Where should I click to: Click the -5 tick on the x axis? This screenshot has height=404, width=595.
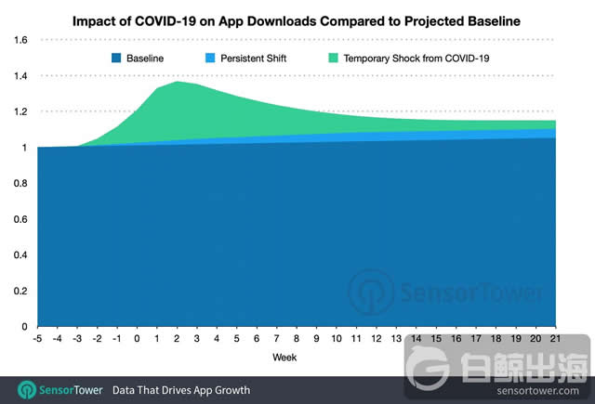coord(37,339)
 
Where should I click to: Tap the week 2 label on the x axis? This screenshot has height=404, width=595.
coord(177,339)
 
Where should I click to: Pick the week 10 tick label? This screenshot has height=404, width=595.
coord(337,339)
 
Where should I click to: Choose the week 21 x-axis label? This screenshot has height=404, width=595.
coord(556,339)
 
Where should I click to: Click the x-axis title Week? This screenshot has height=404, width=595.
coord(285,358)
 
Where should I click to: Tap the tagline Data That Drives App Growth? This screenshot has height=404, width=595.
coord(181,389)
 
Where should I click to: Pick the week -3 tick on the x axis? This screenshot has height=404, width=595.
coord(77,339)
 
